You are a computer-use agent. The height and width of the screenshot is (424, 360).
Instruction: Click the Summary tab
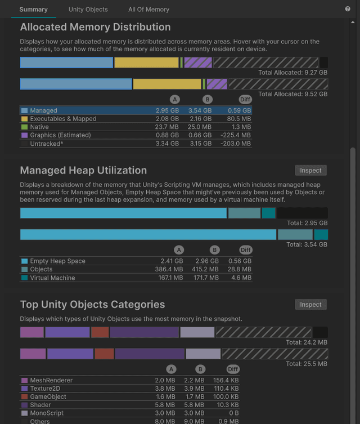33,10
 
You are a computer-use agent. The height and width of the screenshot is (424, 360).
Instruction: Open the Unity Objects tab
88,10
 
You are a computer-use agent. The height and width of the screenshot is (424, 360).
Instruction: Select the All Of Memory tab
148,10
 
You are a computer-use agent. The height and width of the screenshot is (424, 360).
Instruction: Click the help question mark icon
348,9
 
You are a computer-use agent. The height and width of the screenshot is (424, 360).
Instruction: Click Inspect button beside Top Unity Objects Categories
310,305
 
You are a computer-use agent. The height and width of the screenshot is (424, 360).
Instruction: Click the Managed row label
43,111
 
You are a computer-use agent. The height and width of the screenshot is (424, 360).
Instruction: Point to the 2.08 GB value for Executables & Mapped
167,119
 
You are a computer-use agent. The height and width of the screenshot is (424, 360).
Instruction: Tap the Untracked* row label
47,144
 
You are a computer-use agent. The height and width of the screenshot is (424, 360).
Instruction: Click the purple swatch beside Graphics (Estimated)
24,135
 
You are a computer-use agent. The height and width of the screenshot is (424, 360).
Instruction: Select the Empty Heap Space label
57,261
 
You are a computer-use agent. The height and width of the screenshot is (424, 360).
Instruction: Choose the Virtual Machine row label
52,278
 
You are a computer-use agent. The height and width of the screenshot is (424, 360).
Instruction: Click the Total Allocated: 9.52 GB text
292,94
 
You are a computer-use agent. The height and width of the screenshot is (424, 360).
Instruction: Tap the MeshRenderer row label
51,381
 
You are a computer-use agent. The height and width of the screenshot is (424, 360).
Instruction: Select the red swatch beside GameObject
24,397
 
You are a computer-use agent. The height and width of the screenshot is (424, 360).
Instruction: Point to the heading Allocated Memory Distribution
95,27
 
